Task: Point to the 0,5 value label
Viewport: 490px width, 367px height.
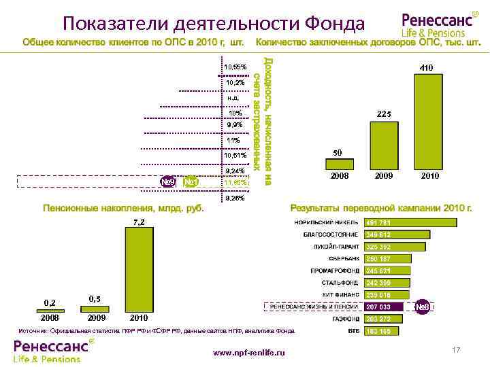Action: [x=95, y=299]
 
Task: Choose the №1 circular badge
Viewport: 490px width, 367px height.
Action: [x=191, y=182]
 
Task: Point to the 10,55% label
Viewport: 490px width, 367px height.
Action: [x=235, y=67]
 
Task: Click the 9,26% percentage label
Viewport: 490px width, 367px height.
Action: [x=235, y=198]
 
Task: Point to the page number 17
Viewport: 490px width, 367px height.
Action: [x=456, y=349]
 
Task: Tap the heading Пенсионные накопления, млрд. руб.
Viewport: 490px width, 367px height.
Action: [x=124, y=207]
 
